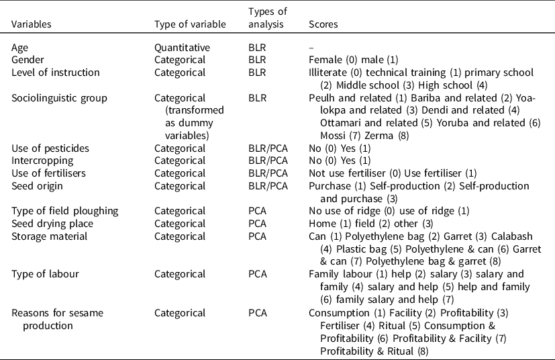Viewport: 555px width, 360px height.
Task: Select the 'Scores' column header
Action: click(323, 24)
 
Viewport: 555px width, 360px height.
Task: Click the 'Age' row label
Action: click(20, 48)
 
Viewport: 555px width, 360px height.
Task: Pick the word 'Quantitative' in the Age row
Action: click(182, 48)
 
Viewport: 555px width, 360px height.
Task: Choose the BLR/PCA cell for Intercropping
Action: click(268, 161)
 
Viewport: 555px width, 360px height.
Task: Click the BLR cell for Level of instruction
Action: click(257, 72)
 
